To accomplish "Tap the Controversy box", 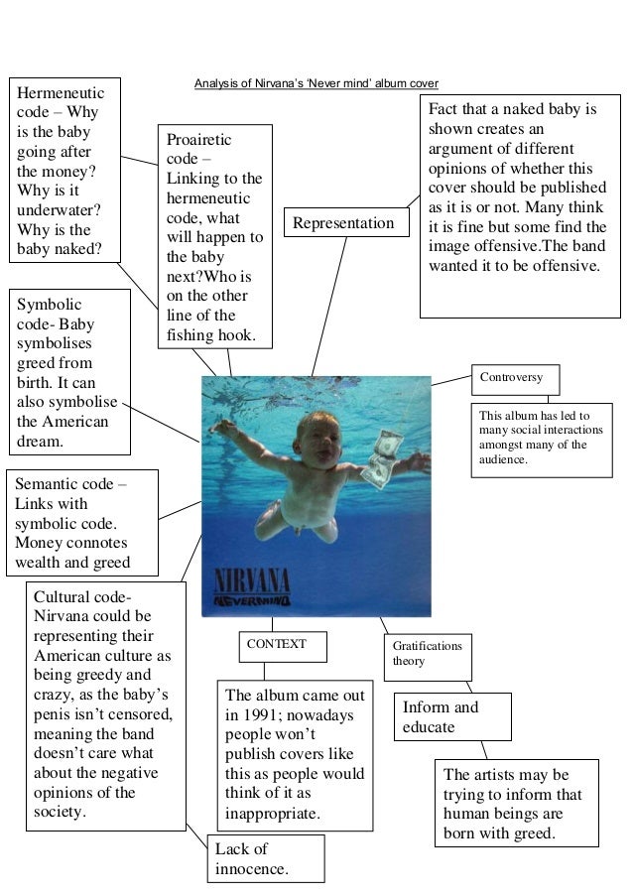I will coord(513,378).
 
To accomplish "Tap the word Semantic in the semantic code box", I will coord(49,484).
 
